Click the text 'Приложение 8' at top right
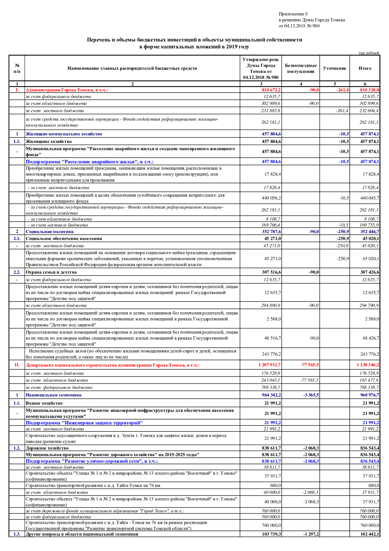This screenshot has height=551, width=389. coord(293,14)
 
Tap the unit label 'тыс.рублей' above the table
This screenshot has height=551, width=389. coord(369,53)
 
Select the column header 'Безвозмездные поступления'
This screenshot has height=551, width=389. coord(301,68)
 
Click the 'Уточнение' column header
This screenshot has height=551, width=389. coord(334,68)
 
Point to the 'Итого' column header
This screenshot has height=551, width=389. coord(365,68)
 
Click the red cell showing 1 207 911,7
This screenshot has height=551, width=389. coord(269,365)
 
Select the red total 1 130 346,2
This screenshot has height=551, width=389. coord(367,365)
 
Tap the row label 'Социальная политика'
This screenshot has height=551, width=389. coord(50,232)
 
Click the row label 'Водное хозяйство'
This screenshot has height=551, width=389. coord(44,403)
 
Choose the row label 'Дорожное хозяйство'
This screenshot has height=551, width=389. coord(47,448)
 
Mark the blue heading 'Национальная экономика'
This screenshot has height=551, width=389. coord(53,395)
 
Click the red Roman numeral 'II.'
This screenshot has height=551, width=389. coord(17,365)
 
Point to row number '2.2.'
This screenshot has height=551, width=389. coord(17,272)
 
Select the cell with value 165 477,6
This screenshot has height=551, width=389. coord(369,380)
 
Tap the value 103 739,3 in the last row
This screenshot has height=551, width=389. coord(271,534)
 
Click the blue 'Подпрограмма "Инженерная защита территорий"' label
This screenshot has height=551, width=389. coord(84,423)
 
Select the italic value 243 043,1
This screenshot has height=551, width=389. coord(271,380)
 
